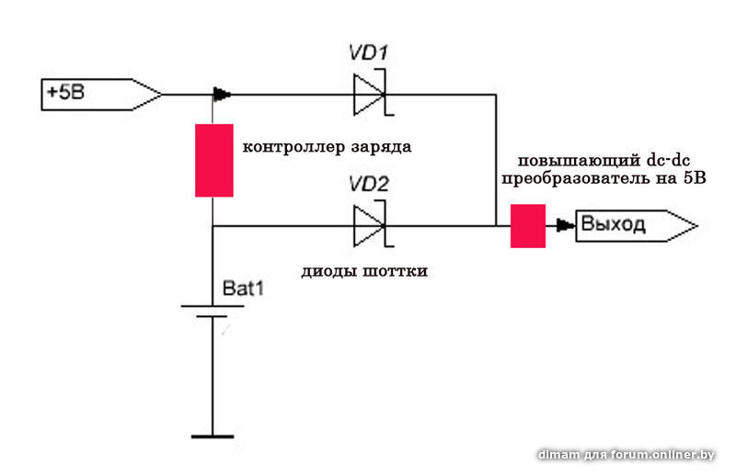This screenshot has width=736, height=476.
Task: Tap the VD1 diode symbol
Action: [x=370, y=94]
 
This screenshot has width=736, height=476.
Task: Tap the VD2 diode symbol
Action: [x=370, y=224]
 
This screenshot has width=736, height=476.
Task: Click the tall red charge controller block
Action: [x=213, y=160]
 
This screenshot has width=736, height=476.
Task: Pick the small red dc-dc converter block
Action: [x=528, y=226]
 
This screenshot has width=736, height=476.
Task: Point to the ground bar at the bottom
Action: [x=213, y=436]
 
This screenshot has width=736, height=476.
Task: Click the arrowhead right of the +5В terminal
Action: [x=222, y=94]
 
